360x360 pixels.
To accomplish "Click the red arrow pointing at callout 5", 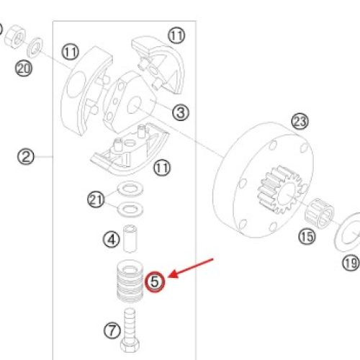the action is [x=191, y=269].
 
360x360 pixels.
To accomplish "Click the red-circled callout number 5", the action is [x=155, y=282].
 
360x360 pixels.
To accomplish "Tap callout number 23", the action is [x=300, y=122].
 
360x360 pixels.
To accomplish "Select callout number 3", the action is [x=181, y=112].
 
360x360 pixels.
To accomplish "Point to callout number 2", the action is [x=26, y=157].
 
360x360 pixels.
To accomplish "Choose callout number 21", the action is [x=96, y=199].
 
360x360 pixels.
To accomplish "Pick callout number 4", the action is [x=112, y=239].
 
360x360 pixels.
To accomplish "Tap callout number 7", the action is [x=112, y=330].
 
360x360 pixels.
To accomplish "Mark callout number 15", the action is [x=307, y=237].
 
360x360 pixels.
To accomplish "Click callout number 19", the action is [x=351, y=263].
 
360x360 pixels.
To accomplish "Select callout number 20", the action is [x=24, y=68].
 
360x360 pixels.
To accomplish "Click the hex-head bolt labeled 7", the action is [x=130, y=330].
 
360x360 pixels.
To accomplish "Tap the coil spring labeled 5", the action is [x=130, y=281].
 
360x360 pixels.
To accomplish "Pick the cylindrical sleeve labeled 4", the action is [x=130, y=239].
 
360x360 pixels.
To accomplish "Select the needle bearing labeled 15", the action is [x=320, y=214].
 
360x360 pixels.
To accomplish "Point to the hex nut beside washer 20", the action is [x=15, y=36].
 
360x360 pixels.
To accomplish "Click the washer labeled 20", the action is [x=35, y=48].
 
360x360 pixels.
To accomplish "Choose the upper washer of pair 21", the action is [x=130, y=188].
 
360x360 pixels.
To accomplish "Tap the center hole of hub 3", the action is [x=134, y=105].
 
